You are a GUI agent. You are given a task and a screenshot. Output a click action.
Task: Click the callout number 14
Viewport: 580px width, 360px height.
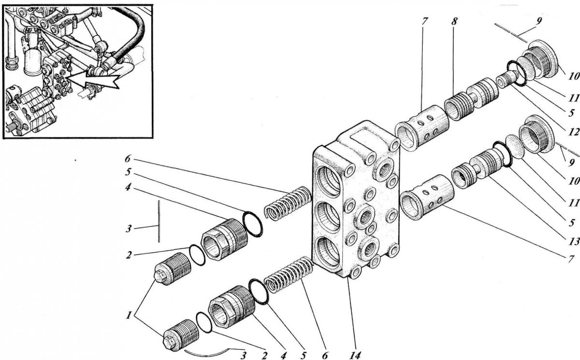[354, 355]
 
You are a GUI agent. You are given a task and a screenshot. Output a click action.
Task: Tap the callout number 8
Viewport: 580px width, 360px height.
[454, 21]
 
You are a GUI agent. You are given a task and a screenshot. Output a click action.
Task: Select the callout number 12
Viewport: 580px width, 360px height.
[574, 132]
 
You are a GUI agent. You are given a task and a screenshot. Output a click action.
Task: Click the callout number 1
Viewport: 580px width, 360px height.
[128, 316]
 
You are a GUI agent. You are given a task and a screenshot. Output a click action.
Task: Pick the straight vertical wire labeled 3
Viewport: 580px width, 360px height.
[159, 221]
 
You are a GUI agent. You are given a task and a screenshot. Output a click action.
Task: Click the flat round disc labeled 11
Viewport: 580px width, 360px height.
[515, 146]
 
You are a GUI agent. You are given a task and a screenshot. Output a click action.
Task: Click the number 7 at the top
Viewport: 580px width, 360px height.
[424, 21]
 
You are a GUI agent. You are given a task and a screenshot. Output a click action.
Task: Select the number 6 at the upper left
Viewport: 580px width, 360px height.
[128, 158]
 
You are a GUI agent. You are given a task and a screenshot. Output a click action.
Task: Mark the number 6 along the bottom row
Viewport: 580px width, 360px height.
[325, 355]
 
